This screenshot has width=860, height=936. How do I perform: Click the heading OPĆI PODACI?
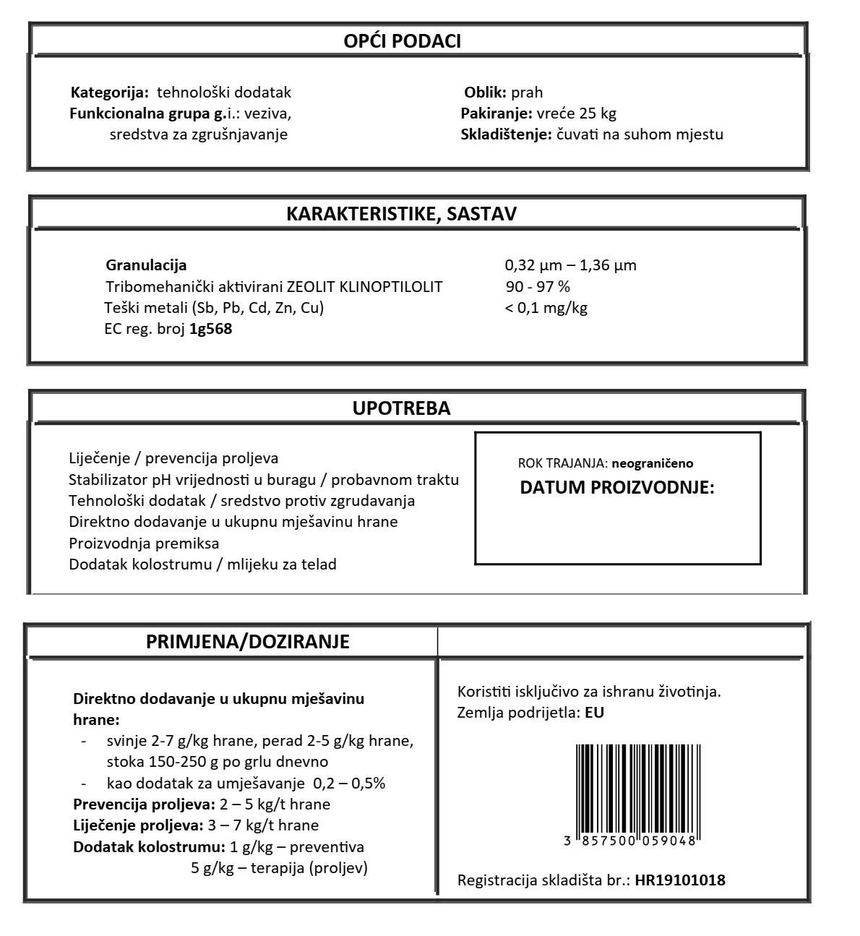pos(402,41)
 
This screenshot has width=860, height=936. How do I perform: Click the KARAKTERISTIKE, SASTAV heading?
pos(402,214)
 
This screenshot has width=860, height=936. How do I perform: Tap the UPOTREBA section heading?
pos(401,408)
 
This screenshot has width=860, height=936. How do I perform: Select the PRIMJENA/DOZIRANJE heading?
pos(248,642)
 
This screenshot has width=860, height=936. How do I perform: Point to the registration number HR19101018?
pos(680,880)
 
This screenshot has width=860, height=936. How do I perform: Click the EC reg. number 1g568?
pos(210,329)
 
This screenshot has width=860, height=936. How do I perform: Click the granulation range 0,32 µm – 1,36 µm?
pos(570,265)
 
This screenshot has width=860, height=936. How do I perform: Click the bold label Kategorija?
pos(110,93)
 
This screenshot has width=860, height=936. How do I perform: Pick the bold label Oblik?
pos(485,93)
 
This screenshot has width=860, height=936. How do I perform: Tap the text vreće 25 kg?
pos(576,113)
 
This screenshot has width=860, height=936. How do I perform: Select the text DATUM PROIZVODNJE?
pos(617,487)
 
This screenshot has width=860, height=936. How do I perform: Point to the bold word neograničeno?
pos(652,463)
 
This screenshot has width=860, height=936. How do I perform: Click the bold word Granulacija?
pos(146,265)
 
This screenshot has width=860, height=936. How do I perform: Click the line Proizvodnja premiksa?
pos(144,543)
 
